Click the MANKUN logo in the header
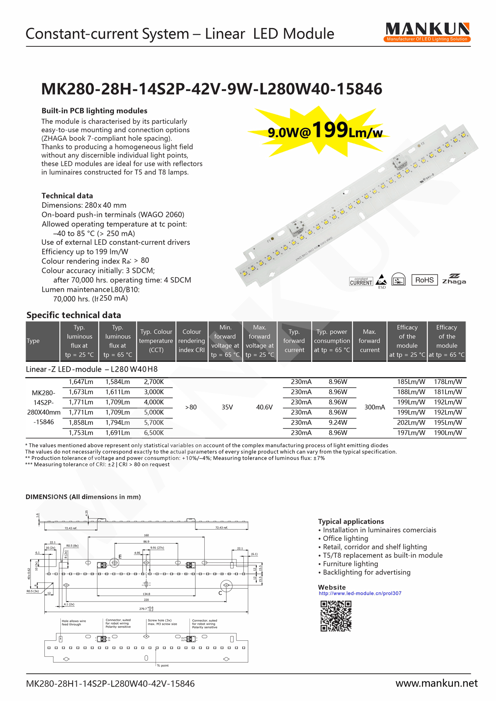[x=427, y=32]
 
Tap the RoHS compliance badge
[x=424, y=280]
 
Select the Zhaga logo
[x=454, y=279]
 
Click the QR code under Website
[x=336, y=616]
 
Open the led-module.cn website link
[x=360, y=593]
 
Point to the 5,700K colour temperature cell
[x=154, y=423]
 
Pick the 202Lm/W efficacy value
[x=411, y=423]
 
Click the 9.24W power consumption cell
[x=338, y=423]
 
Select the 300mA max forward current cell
[x=374, y=407]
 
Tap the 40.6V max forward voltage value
[x=264, y=407]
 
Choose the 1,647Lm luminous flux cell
[x=81, y=382]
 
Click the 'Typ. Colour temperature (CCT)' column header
[x=156, y=341]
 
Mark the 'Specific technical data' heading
[x=74, y=315]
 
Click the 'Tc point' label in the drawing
[x=163, y=665]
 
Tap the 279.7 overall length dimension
[x=143, y=609]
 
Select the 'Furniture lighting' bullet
[x=350, y=564]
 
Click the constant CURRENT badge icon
[x=361, y=282]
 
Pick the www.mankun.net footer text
[x=436, y=683]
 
